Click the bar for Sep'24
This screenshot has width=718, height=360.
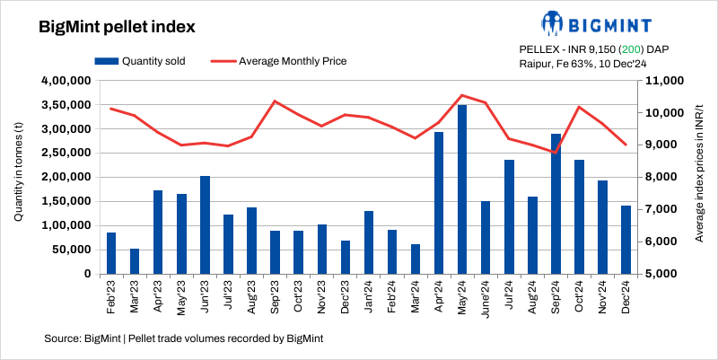click(x=556, y=203)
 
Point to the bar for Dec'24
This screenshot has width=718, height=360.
click(x=626, y=239)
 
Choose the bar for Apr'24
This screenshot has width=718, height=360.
click(x=439, y=202)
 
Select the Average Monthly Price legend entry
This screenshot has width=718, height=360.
click(x=278, y=61)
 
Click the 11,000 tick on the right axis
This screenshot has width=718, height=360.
click(x=660, y=81)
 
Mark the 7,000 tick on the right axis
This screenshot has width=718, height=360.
click(x=657, y=209)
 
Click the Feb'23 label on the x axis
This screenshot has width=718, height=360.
click(x=112, y=294)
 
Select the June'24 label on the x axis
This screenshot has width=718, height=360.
click(x=485, y=296)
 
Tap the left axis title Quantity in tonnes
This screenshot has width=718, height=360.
click(x=18, y=177)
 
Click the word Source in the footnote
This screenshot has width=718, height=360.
click(x=60, y=338)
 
